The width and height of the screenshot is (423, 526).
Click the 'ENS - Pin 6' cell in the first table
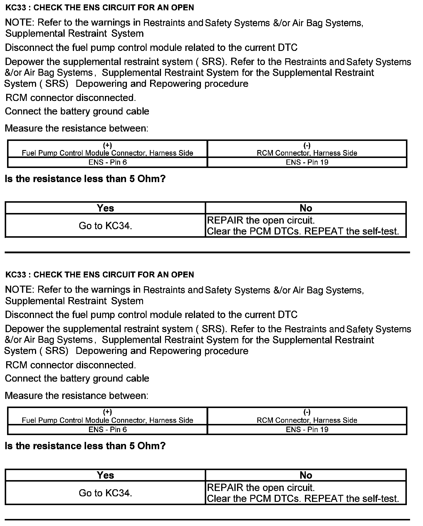[x=108, y=162]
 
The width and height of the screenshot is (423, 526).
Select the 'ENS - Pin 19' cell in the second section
[x=307, y=430]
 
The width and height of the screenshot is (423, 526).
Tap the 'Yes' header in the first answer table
[x=105, y=208]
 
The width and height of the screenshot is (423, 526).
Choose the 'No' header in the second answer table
[x=305, y=475]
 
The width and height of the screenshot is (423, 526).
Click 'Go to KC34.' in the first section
[x=105, y=226]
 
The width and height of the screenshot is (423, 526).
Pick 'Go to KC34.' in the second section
[x=105, y=493]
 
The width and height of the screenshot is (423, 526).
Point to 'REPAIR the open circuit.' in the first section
[x=261, y=220]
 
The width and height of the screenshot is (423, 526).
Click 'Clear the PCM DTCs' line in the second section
[x=303, y=499]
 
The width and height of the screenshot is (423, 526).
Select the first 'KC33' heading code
[x=16, y=8]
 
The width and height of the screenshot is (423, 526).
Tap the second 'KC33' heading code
[x=16, y=275]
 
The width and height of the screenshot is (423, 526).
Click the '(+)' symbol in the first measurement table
[x=107, y=145]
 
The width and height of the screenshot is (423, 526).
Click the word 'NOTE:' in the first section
[x=20, y=23]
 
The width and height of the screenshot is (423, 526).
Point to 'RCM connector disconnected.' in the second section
[x=70, y=365]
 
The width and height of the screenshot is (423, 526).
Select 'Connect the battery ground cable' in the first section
[x=77, y=111]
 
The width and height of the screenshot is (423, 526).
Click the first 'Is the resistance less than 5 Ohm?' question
[x=85, y=179]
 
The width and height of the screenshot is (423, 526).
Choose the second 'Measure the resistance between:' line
[x=76, y=396]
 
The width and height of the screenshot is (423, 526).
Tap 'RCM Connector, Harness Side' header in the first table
[x=307, y=153]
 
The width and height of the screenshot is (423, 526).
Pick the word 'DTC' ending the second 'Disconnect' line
[x=287, y=315]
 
